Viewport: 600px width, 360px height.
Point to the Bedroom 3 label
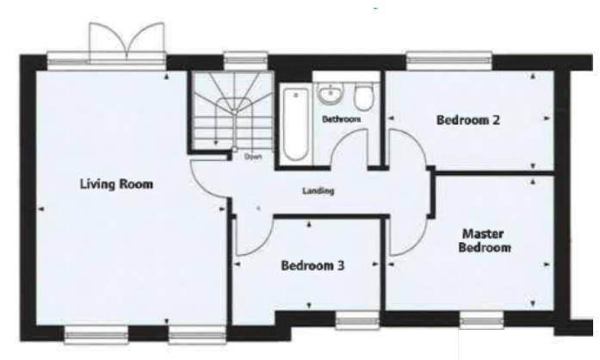(x=312, y=266)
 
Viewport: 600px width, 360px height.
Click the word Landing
(x=318, y=190)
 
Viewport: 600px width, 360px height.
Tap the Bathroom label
(x=340, y=120)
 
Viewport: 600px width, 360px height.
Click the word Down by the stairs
(x=251, y=157)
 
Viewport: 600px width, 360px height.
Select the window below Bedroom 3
(x=356, y=321)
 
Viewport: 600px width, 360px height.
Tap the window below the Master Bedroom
(x=480, y=321)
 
